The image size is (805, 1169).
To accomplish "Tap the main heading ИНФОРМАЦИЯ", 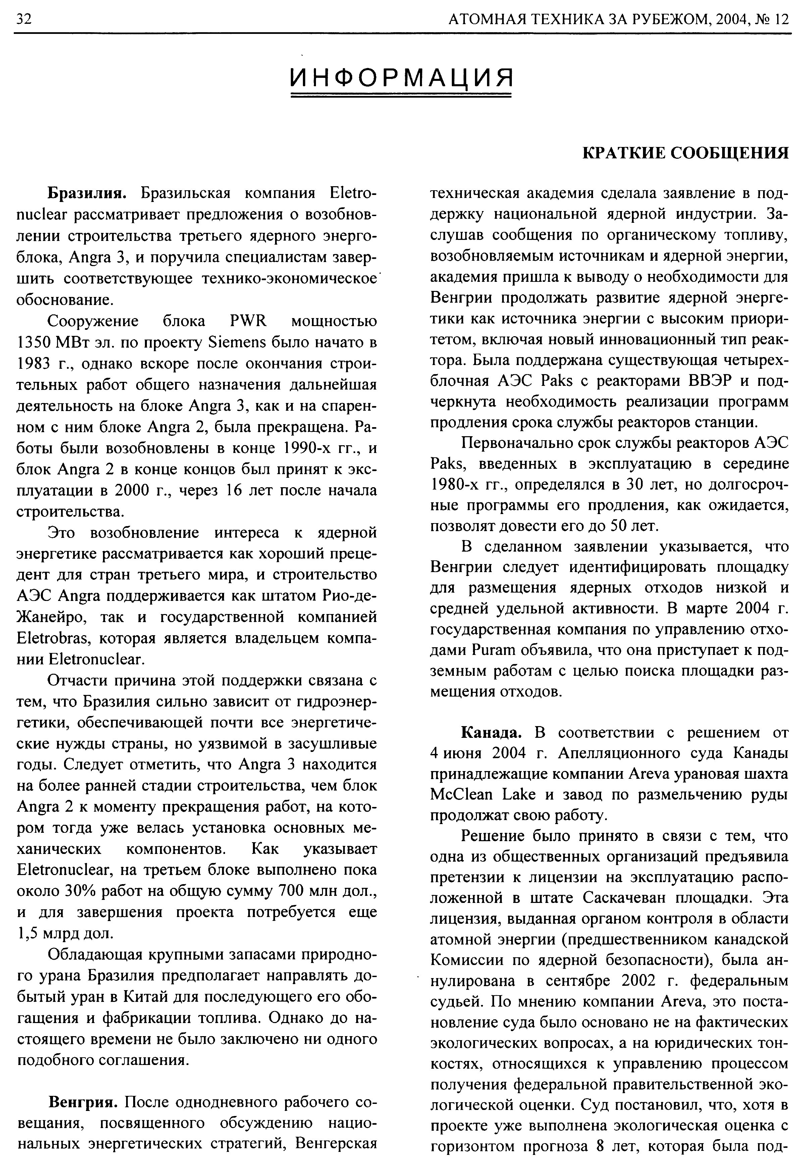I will click(401, 77).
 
